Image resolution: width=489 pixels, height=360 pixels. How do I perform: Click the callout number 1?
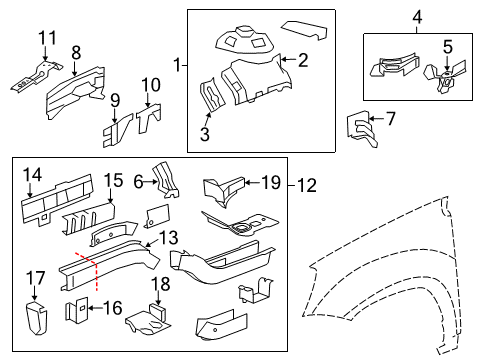(x=177, y=67)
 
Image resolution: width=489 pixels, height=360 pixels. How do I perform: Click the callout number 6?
(x=139, y=181)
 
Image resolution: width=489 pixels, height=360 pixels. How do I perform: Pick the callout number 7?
(x=391, y=119)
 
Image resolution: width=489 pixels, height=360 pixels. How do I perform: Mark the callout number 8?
(x=76, y=51)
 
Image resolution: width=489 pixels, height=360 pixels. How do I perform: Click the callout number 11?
(x=43, y=38)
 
